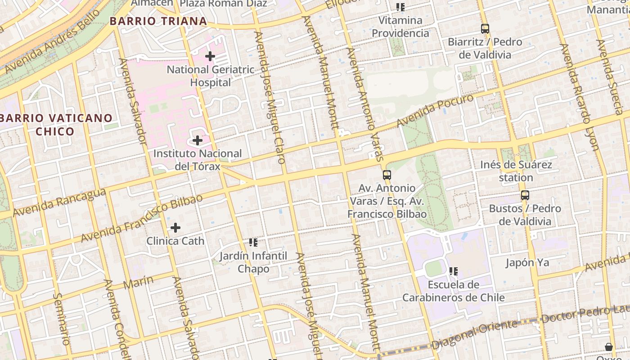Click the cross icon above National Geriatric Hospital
pos(210,57)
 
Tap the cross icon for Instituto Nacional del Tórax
pos(198,140)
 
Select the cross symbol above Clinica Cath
pos(175,228)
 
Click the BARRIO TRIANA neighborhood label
pos(158,21)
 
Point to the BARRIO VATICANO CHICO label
pos(56,125)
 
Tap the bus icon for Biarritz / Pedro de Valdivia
pos(485,29)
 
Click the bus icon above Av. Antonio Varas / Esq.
pos(387,175)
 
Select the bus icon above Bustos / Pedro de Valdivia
pos(525,195)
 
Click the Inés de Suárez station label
pos(516,171)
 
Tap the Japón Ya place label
pos(527,262)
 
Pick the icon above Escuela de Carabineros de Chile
pos(454,271)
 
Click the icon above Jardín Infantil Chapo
pos(253,243)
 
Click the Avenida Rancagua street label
pos(59,202)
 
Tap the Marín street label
pos(138,282)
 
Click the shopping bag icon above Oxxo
pos(609,347)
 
